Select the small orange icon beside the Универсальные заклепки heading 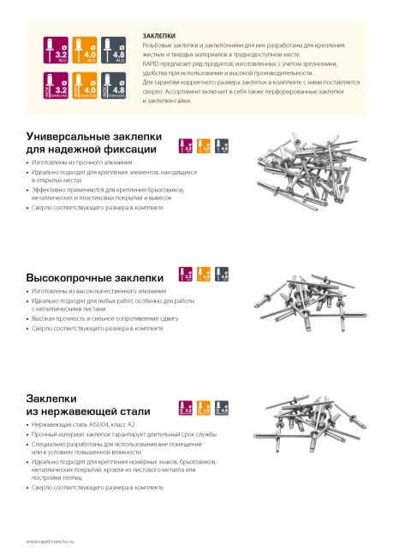pyautogui.click(x=204, y=145)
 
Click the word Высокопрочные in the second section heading pyautogui.click(x=66, y=278)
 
